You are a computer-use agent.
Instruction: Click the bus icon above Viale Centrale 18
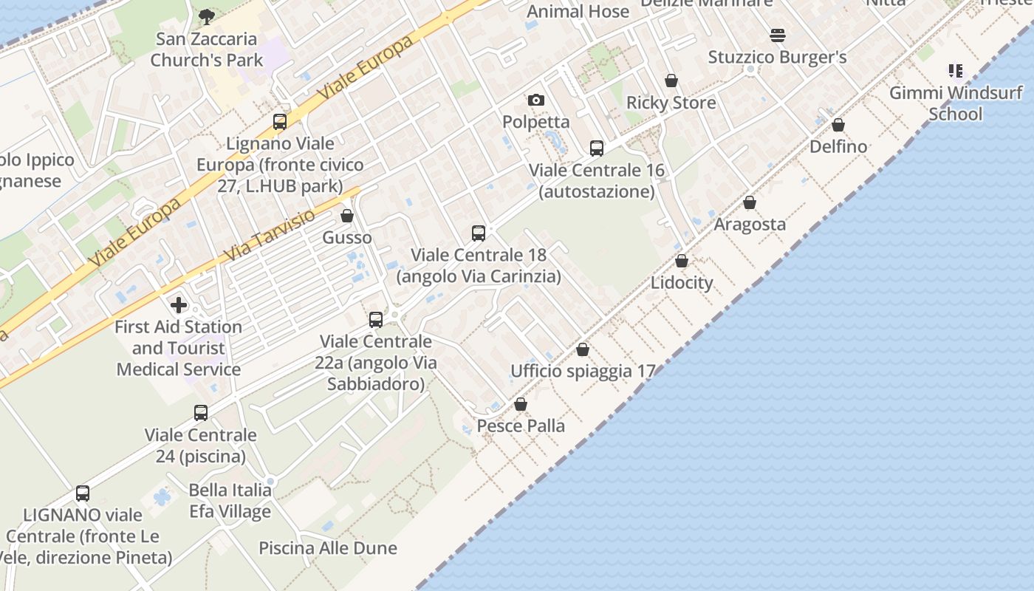[479, 233]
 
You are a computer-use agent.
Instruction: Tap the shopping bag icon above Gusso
[347, 216]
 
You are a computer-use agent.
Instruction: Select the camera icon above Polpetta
[536, 100]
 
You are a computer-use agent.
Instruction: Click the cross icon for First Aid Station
[179, 304]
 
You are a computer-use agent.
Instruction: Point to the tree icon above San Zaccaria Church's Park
[207, 16]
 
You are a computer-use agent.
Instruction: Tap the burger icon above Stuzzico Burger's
[777, 35]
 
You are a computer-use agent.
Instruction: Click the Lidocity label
[682, 282]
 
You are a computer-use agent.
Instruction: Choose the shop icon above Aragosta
[750, 202]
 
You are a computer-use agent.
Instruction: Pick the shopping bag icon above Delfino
[838, 125]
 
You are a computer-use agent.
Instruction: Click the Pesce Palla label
[521, 426]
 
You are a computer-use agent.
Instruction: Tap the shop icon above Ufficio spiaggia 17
[583, 349]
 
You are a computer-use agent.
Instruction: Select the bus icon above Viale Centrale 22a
[376, 320]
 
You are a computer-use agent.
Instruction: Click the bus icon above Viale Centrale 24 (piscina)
[201, 413]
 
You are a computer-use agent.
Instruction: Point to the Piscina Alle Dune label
[328, 548]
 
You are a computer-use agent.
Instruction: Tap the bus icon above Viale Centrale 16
[597, 148]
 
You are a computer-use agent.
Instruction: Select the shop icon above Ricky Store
[671, 81]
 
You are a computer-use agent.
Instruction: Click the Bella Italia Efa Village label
[230, 500]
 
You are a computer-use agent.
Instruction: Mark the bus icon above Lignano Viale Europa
[280, 122]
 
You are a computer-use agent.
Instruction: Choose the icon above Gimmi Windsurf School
[956, 71]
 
